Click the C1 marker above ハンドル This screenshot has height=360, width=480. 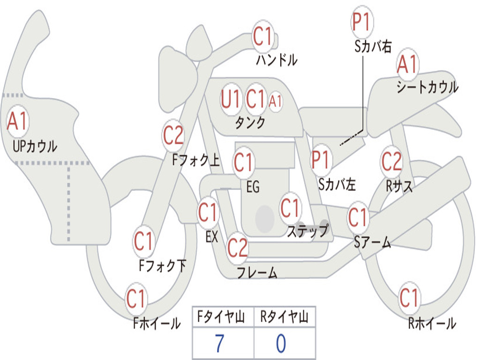(x=262, y=37)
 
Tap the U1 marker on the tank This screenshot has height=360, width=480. (x=231, y=99)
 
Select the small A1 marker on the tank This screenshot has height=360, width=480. (x=275, y=101)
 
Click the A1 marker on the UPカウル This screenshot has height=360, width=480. (x=17, y=121)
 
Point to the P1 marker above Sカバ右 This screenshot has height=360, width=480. (x=362, y=22)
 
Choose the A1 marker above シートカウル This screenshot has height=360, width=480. (x=407, y=64)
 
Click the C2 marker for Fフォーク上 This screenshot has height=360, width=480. (x=173, y=135)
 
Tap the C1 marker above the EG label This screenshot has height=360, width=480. (x=243, y=162)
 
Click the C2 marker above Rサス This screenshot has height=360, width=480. (x=391, y=161)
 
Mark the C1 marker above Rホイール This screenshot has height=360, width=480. (x=409, y=298)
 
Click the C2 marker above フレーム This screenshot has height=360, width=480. (x=238, y=247)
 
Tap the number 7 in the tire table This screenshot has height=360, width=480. (x=219, y=344)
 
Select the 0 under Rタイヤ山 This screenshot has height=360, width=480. (x=281, y=344)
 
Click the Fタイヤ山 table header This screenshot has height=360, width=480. (x=221, y=317)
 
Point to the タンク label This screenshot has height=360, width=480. (x=250, y=122)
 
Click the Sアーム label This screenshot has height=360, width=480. (x=373, y=242)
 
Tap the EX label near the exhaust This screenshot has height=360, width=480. (x=212, y=237)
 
